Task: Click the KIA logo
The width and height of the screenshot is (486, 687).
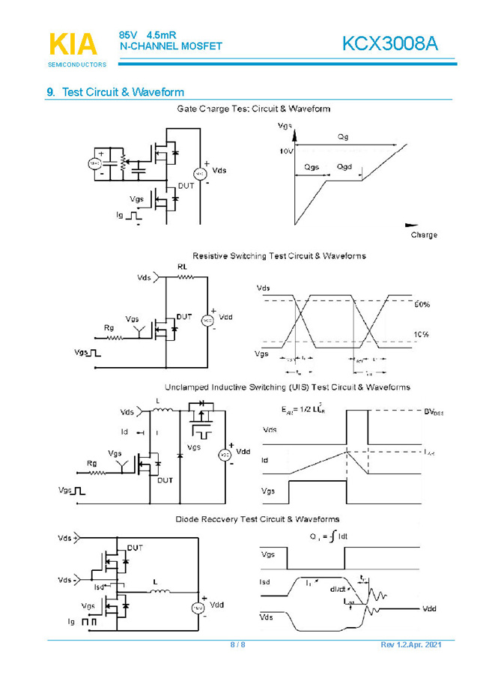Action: [73, 44]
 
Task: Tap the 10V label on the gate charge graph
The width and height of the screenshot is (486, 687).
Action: [286, 151]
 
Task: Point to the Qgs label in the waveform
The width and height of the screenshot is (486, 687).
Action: [312, 166]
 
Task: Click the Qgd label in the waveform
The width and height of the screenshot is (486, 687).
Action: [344, 166]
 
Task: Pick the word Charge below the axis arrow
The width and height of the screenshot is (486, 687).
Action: [423, 235]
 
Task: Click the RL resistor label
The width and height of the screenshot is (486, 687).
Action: [183, 267]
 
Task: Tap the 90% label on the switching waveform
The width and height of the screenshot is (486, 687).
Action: [422, 304]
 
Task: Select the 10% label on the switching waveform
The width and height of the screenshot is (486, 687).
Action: [421, 335]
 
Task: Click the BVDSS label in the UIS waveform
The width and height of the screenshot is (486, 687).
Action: [434, 412]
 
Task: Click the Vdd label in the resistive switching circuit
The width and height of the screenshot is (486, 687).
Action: [225, 317]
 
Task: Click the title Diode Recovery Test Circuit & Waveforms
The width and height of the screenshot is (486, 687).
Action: [258, 519]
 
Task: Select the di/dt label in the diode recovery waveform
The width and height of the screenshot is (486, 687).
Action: [339, 588]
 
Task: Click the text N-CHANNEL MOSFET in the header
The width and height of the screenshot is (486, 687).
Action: [171, 46]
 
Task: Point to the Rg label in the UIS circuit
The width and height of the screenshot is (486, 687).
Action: [92, 463]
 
